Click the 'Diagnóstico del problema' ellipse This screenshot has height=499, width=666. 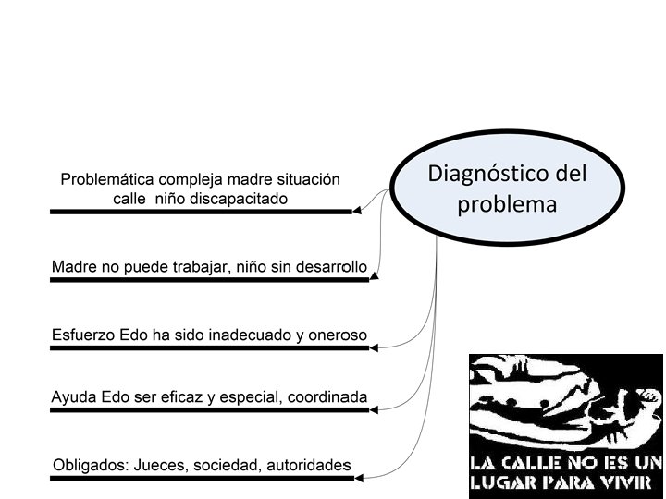[x=508, y=188]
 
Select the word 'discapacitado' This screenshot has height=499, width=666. [x=243, y=198]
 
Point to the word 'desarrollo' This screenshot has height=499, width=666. [x=329, y=267]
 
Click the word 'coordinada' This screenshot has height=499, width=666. [x=327, y=397]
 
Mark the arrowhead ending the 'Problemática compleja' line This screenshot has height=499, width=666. [x=357, y=211]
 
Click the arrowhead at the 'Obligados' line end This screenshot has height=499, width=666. [x=357, y=478]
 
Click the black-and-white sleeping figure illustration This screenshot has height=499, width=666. [x=564, y=403]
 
